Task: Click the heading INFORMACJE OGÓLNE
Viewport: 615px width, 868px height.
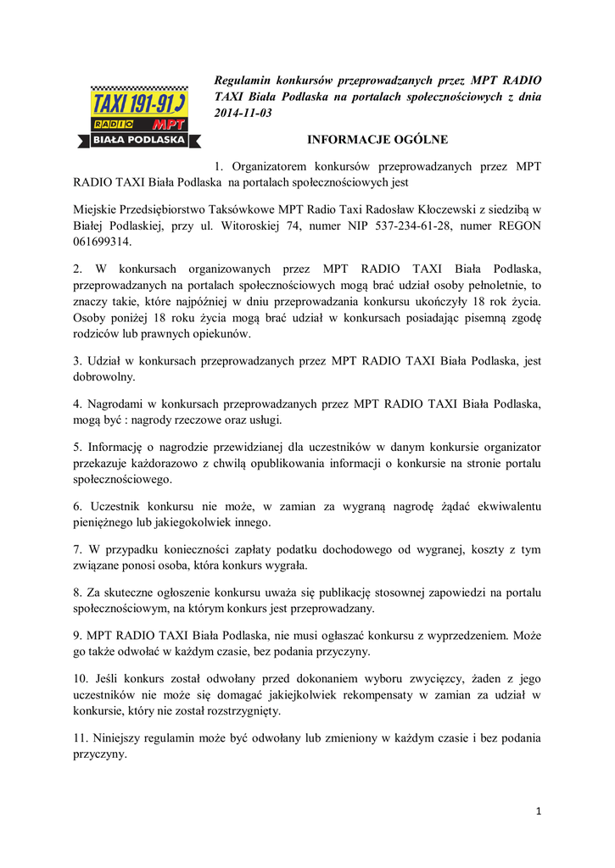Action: (x=377, y=139)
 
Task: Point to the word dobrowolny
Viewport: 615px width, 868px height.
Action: (x=108, y=376)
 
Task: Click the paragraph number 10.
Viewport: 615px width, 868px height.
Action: (x=81, y=680)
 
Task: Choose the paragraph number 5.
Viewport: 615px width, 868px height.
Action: (x=77, y=447)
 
